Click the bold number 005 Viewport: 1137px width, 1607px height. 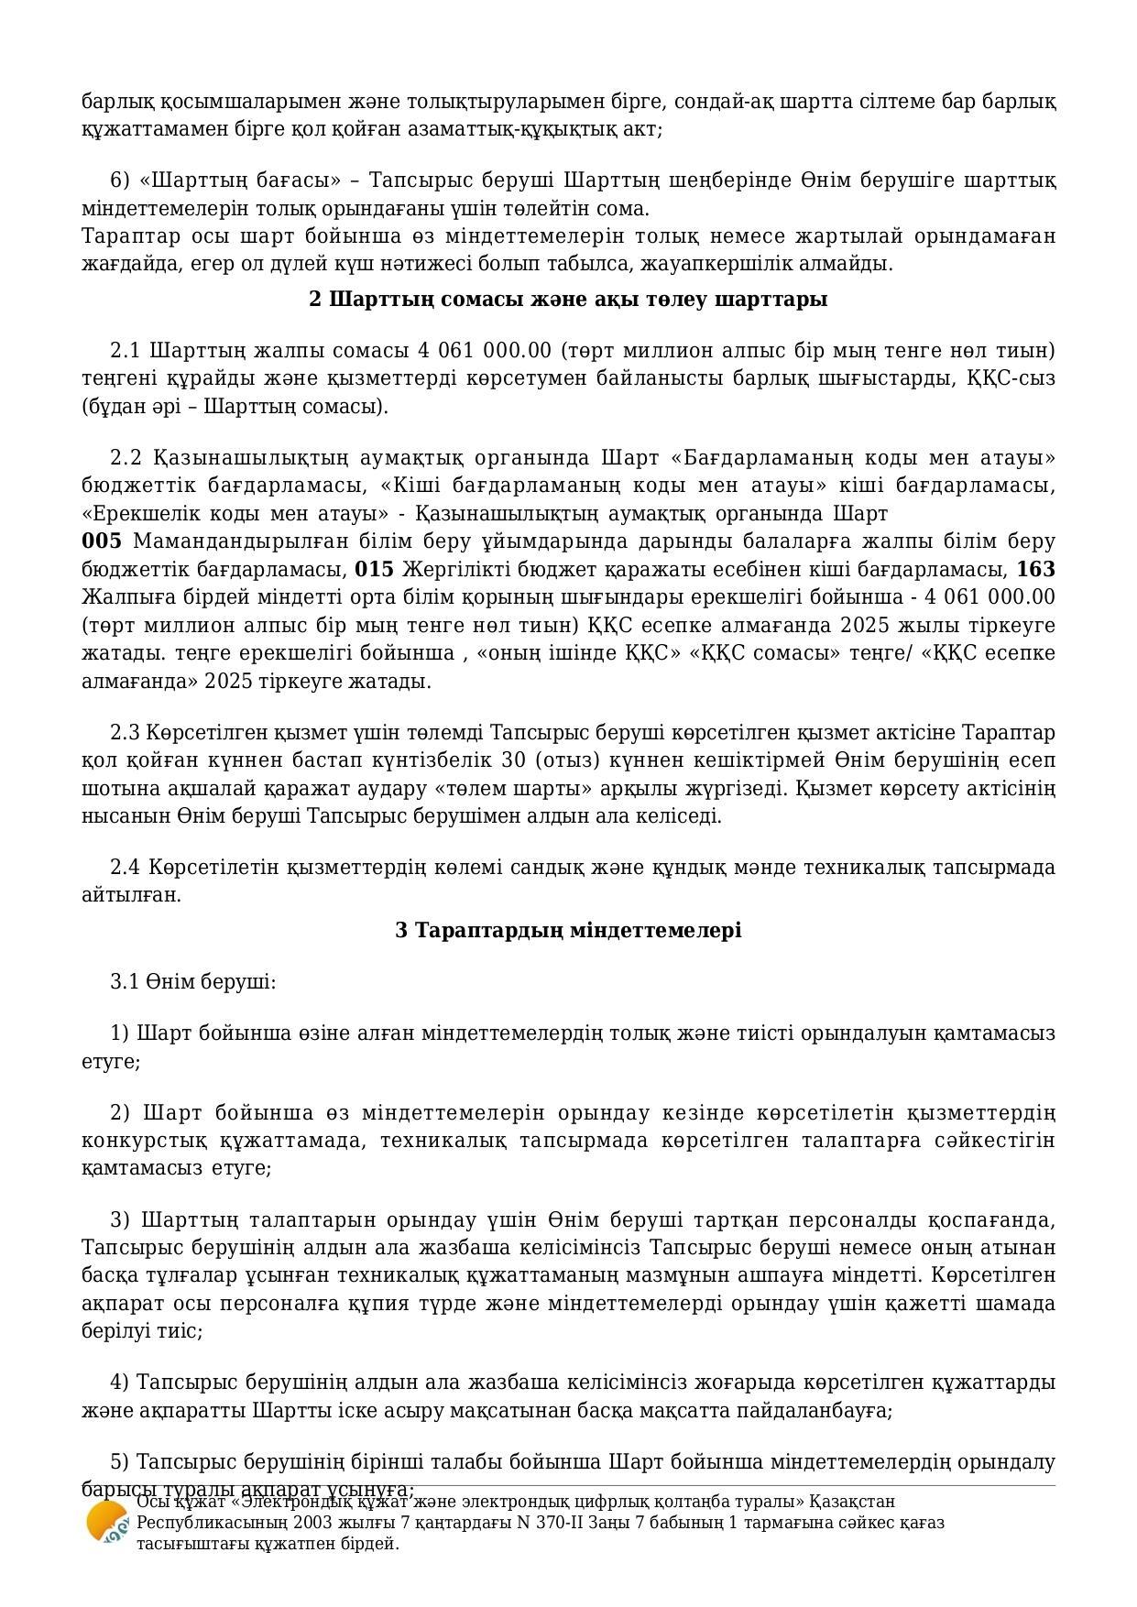click(102, 541)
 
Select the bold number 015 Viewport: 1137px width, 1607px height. click(374, 570)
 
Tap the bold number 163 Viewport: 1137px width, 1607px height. click(1035, 570)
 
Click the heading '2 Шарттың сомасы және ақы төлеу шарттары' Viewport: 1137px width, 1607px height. click(568, 300)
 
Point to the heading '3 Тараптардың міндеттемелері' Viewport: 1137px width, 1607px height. click(568, 931)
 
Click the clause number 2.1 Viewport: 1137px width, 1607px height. click(125, 351)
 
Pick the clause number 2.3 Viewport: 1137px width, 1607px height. click(125, 733)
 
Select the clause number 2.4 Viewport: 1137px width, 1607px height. click(125, 867)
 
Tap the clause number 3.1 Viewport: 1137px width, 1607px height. click(125, 982)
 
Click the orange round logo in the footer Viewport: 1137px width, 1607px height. click(106, 1523)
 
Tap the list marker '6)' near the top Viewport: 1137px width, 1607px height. click(119, 180)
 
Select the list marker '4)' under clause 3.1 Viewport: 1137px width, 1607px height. click(119, 1382)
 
